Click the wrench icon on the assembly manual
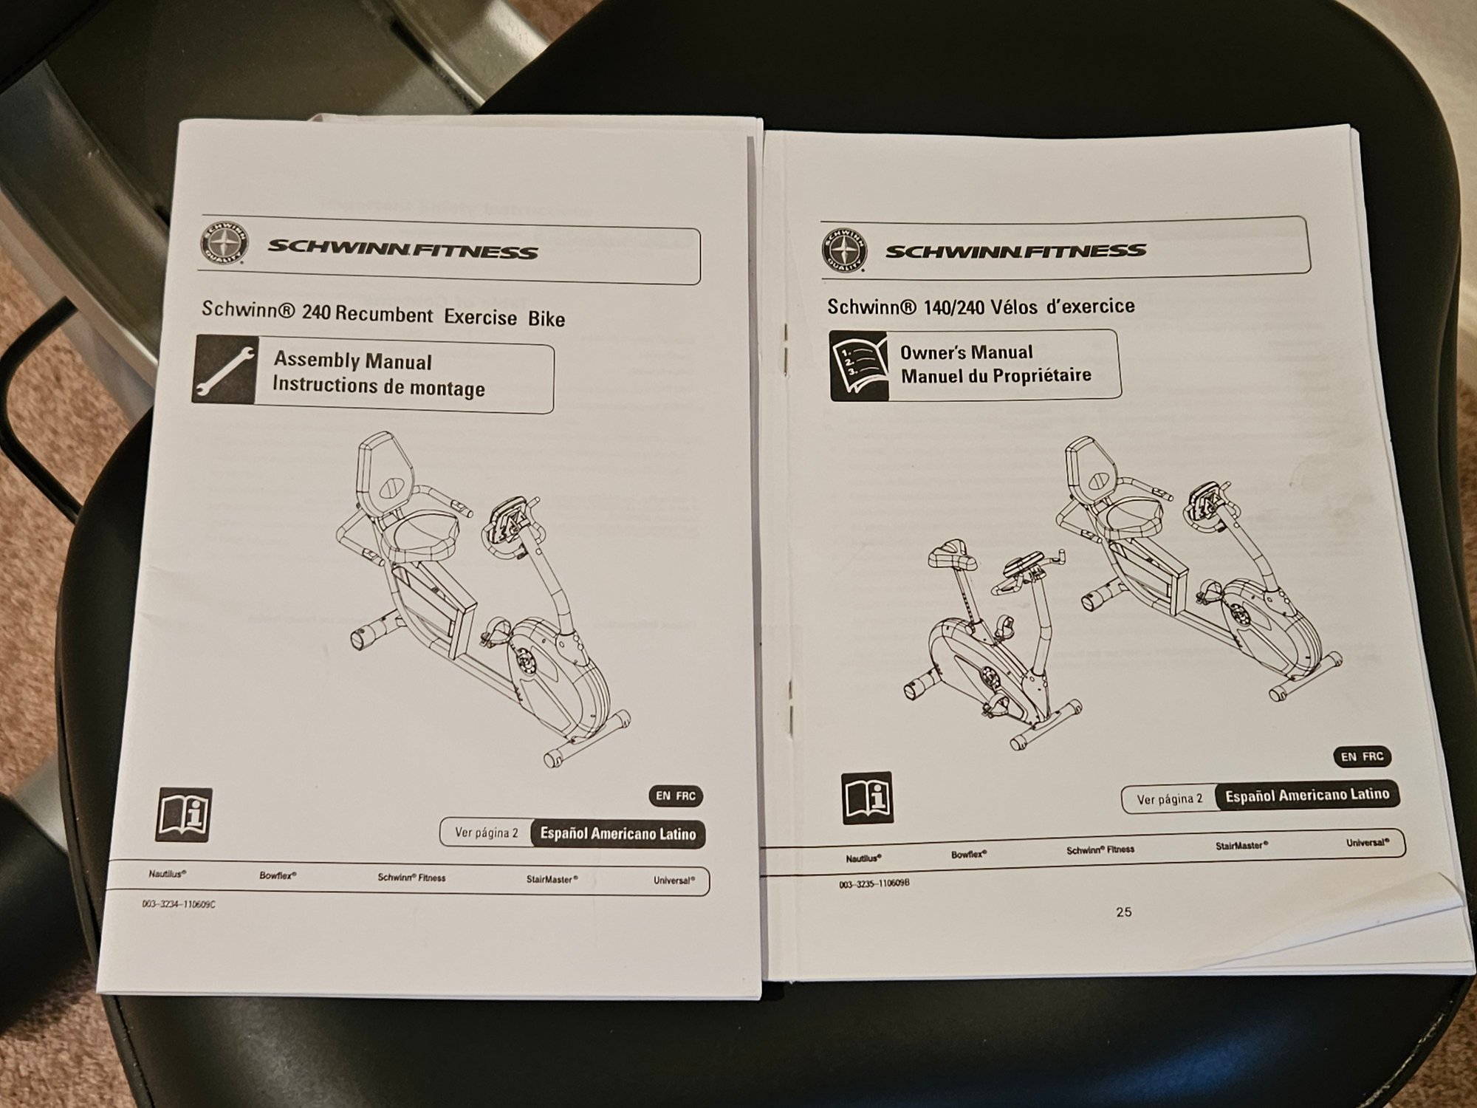tap(225, 369)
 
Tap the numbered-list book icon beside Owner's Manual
tap(858, 365)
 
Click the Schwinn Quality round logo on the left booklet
tap(225, 244)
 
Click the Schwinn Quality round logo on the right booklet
tap(844, 249)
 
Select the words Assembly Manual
tap(352, 360)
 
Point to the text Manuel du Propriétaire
tap(995, 375)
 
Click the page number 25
tap(1123, 912)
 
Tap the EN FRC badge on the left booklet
tap(675, 796)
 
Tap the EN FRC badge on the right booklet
tap(1363, 756)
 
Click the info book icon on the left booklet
tap(184, 814)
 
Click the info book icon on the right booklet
tap(868, 798)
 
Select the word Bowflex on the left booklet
tap(278, 875)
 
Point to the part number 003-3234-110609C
tap(179, 903)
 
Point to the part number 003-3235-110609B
tap(874, 883)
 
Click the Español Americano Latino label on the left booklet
tap(618, 834)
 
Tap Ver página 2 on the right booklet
tap(1170, 799)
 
